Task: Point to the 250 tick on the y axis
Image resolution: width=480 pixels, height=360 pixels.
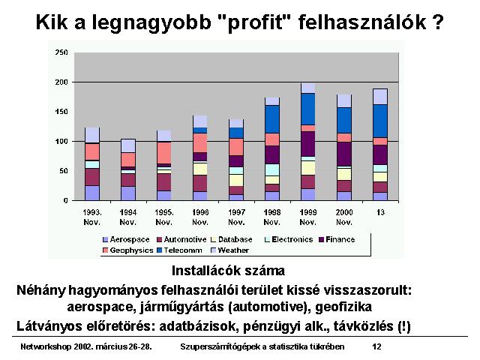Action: pyautogui.click(x=61, y=52)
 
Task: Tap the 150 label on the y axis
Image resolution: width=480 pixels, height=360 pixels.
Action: pyautogui.click(x=61, y=112)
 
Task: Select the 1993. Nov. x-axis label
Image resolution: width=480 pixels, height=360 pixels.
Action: pyautogui.click(x=92, y=217)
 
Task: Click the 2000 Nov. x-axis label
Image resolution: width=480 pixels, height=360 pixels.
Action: pyautogui.click(x=344, y=217)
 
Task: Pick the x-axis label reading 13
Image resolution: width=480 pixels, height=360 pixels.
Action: pyautogui.click(x=380, y=212)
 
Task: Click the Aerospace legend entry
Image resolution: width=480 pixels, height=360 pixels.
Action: pyautogui.click(x=126, y=239)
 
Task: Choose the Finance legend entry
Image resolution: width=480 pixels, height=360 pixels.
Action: pyautogui.click(x=337, y=239)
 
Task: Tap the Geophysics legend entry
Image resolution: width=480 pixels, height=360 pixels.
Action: pyautogui.click(x=128, y=250)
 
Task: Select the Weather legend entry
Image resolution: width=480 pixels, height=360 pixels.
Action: pyautogui.click(x=230, y=250)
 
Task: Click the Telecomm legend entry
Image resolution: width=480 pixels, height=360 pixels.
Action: pyautogui.click(x=180, y=250)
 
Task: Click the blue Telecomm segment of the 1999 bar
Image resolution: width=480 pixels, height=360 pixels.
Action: pyautogui.click(x=308, y=109)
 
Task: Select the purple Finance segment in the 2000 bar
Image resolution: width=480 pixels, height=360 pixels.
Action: pyautogui.click(x=344, y=154)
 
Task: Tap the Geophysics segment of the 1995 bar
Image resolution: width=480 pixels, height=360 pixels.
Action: pyautogui.click(x=164, y=153)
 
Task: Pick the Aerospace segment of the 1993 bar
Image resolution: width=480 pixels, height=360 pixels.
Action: pyautogui.click(x=92, y=193)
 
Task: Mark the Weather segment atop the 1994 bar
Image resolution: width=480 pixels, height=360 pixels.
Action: pyautogui.click(x=128, y=146)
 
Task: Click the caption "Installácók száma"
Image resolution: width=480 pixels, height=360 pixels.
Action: pyautogui.click(x=228, y=271)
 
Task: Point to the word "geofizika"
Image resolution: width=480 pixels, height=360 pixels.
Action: pyautogui.click(x=343, y=307)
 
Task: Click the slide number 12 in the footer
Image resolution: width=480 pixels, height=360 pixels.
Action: pyautogui.click(x=376, y=346)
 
